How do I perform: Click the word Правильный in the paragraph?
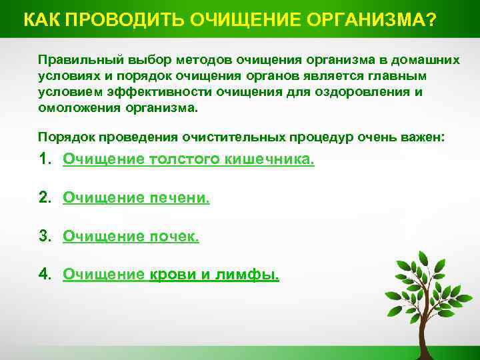click(75, 60)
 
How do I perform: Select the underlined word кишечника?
click(275, 160)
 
